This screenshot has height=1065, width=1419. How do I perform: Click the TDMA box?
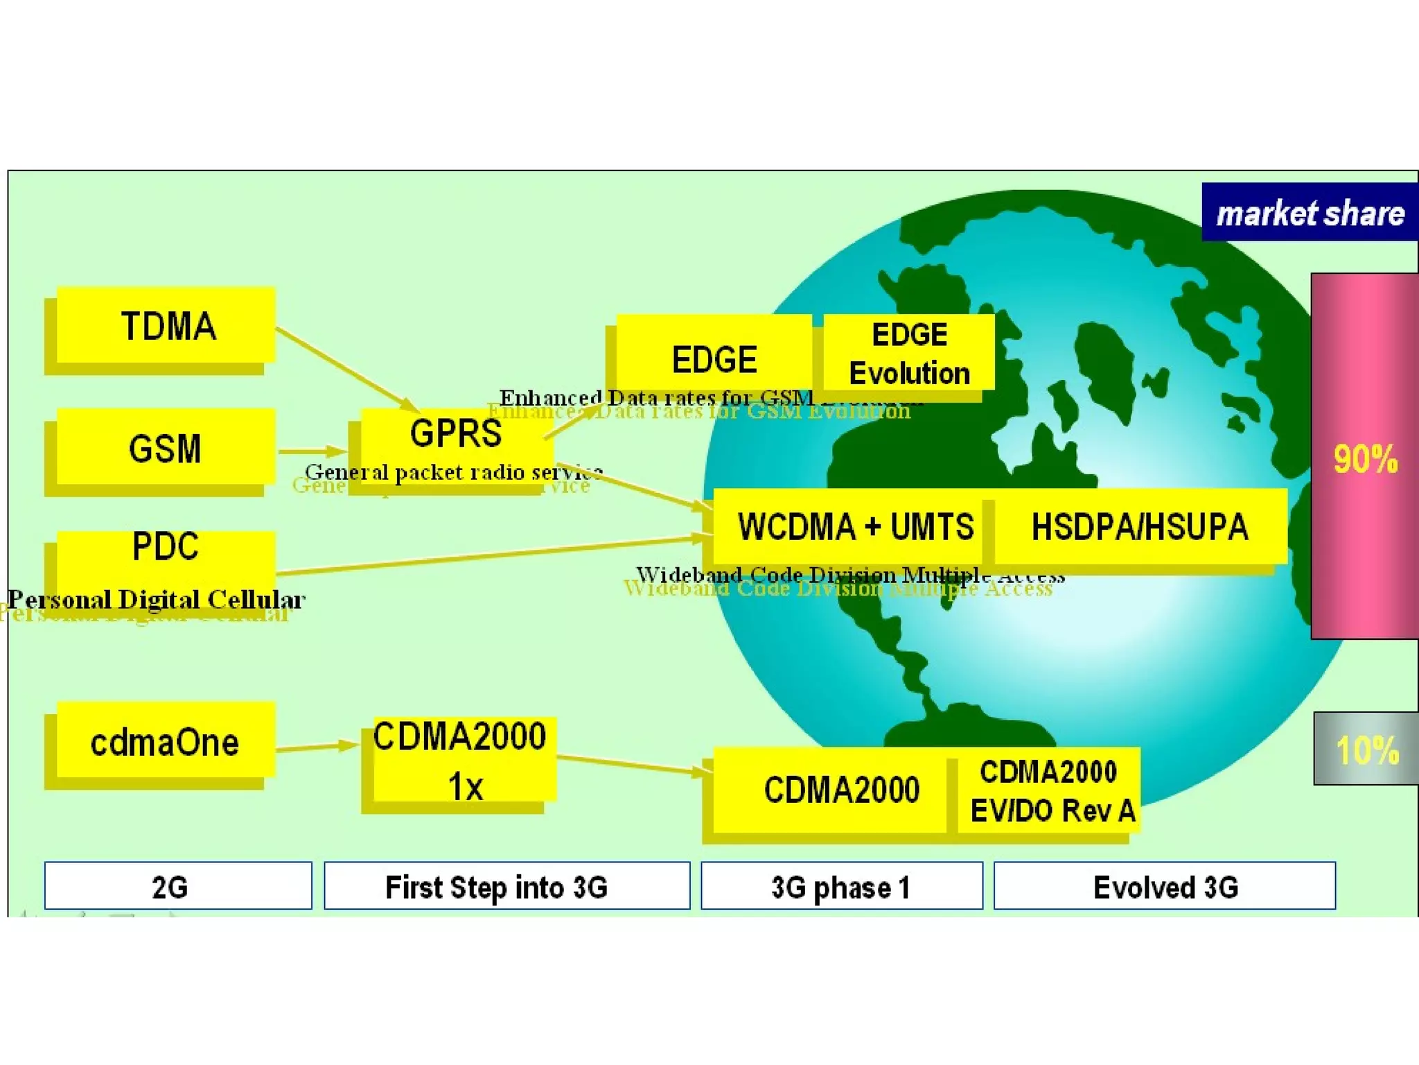coord(166,326)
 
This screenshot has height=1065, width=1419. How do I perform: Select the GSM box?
coord(165,448)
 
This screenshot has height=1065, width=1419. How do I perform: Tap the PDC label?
coord(165,546)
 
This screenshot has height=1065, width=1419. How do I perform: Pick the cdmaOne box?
coord(165,742)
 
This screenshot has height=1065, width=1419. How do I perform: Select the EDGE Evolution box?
coord(909,354)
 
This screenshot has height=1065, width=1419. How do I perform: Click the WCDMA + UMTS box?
coord(855,527)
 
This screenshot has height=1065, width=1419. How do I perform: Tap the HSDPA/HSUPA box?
coord(1140,527)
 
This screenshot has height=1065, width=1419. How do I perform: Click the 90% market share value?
coord(1365,459)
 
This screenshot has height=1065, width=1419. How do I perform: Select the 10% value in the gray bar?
coord(1367,750)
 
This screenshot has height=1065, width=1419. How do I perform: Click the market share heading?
coord(1310,213)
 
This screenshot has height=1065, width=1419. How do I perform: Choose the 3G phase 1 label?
coord(841,886)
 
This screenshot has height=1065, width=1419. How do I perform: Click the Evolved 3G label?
coord(1165,886)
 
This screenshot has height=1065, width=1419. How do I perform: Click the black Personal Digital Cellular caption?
coord(157,599)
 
